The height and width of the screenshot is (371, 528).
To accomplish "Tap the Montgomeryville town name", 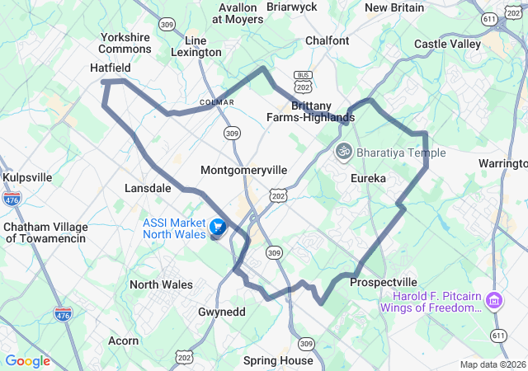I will pyautogui.click(x=244, y=170).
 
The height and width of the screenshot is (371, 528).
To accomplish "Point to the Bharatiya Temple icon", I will pyautogui.click(x=343, y=152).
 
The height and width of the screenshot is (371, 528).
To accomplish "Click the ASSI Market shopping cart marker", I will pyautogui.click(x=218, y=227).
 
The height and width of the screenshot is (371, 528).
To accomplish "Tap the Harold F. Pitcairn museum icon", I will pyautogui.click(x=494, y=299).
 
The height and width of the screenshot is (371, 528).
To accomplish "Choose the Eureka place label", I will pyautogui.click(x=367, y=178).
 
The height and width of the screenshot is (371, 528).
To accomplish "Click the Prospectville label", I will pyautogui.click(x=383, y=282).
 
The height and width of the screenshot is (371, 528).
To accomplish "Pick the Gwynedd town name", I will pyautogui.click(x=221, y=312).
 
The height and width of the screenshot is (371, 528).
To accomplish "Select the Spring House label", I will pyautogui.click(x=278, y=360).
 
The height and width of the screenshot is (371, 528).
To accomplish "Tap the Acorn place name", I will pyautogui.click(x=124, y=340).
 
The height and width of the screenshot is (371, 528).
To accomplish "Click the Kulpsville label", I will pyautogui.click(x=27, y=177).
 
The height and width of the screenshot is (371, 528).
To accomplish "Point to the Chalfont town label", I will pyautogui.click(x=327, y=40).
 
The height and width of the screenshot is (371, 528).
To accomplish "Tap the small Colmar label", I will pyautogui.click(x=217, y=102).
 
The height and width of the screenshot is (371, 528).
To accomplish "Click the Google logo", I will pyautogui.click(x=27, y=361).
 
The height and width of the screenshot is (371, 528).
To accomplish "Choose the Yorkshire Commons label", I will pyautogui.click(x=125, y=43).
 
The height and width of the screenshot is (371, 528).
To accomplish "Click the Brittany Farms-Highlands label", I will pyautogui.click(x=310, y=111).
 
